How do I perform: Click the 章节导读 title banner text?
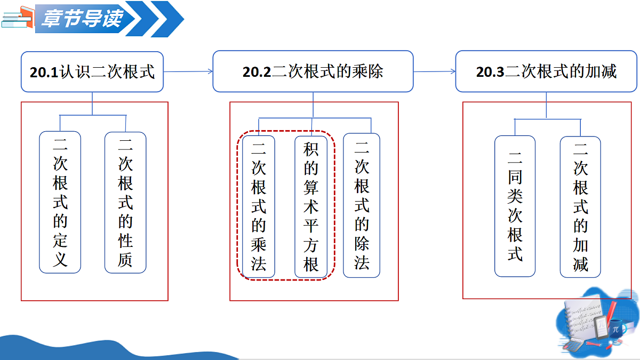click(x=83, y=18)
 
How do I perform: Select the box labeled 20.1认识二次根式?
click(x=92, y=71)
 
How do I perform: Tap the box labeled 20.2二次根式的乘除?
click(x=313, y=71)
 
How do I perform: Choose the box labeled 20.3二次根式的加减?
click(x=546, y=71)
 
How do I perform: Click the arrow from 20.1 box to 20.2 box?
click(x=188, y=71)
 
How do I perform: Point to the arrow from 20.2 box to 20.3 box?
click(x=435, y=71)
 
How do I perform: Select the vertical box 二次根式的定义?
click(x=60, y=202)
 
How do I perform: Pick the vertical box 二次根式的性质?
click(x=125, y=203)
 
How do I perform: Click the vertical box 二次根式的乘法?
click(x=259, y=206)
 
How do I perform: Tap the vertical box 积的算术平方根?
click(x=311, y=207)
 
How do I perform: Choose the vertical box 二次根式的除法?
click(x=362, y=205)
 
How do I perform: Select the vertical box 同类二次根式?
click(x=515, y=206)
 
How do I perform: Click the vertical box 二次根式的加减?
click(x=580, y=207)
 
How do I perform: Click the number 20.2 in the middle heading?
click(x=257, y=72)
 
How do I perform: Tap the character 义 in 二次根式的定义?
click(x=60, y=259)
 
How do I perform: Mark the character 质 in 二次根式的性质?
click(x=125, y=259)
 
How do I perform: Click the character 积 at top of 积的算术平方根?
click(x=311, y=149)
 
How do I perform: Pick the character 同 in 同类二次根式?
click(x=515, y=177)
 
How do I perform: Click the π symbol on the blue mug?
click(x=615, y=330)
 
